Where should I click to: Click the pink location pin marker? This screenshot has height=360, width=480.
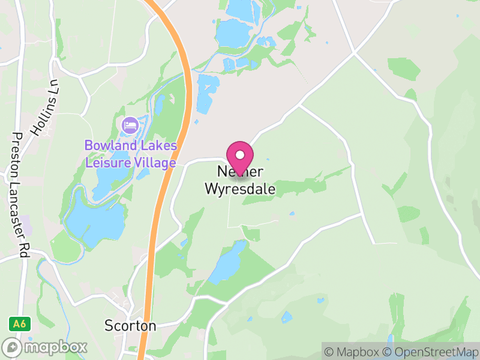(x=240, y=157)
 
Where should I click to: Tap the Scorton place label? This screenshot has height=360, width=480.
(x=130, y=326)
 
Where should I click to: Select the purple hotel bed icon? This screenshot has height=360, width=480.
(x=130, y=126)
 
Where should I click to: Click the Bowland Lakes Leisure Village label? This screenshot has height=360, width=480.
(x=131, y=154)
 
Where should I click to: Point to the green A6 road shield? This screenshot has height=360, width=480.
(x=19, y=323)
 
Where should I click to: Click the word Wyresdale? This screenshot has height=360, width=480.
(x=240, y=189)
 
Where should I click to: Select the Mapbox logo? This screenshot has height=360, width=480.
(x=45, y=347)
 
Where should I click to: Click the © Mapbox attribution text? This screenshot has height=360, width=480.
(x=354, y=352)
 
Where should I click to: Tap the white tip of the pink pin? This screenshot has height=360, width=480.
(x=240, y=154)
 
